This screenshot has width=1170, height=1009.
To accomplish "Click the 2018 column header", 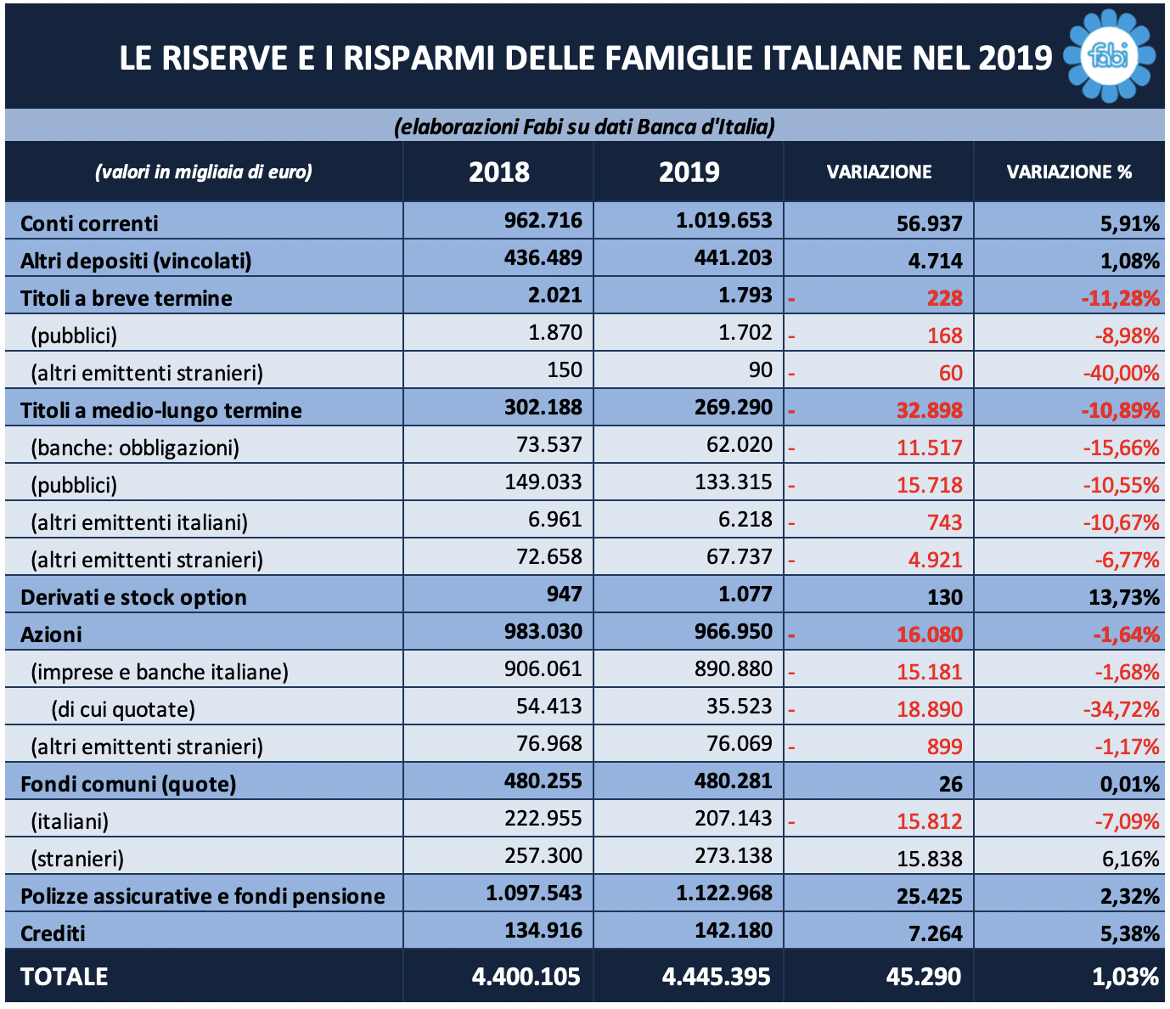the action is point(498,172).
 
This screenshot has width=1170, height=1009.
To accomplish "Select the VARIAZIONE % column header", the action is point(1069,172).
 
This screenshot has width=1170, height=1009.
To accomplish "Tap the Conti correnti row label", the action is point(89,223).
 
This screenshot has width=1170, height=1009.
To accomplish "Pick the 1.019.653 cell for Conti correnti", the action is point(724,220).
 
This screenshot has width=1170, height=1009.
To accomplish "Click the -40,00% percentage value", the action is point(1121,373).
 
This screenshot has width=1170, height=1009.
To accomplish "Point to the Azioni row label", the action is point(51,634).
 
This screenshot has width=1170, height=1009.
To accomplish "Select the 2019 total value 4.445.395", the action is point(716,977).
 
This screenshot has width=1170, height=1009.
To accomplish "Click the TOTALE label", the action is point(64,977).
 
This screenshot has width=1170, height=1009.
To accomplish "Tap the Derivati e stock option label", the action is point(133,597).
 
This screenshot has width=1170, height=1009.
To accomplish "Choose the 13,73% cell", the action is point(1123,597).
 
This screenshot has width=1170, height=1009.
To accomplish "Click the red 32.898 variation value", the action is point(930,410).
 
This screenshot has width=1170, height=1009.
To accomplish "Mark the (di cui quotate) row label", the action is point(123,709).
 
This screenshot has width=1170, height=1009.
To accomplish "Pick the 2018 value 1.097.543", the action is point(534,893).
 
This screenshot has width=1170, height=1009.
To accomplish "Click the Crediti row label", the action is point(53,933).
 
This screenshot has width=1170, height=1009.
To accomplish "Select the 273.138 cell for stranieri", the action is point(734,855).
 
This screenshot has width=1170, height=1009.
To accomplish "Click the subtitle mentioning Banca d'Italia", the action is point(585,127).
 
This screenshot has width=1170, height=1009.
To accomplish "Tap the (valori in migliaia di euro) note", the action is point(204,172).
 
